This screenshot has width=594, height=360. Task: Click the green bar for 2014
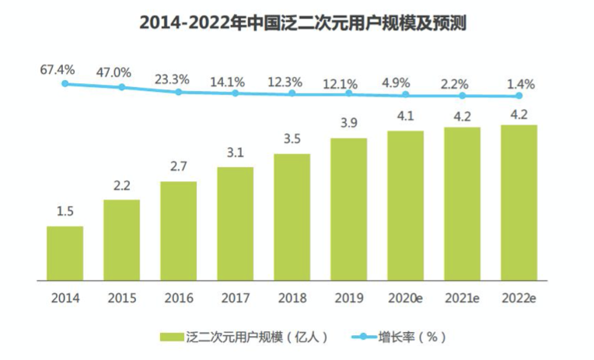click(65, 253)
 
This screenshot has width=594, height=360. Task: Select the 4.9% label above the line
click(405, 82)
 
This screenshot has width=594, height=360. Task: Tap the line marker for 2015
click(122, 87)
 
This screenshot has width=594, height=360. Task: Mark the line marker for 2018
click(292, 93)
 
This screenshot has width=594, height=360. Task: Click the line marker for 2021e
click(463, 96)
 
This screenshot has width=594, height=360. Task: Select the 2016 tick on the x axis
click(178, 296)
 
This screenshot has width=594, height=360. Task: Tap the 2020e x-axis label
click(406, 296)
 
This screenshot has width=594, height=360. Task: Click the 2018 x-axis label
click(292, 296)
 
